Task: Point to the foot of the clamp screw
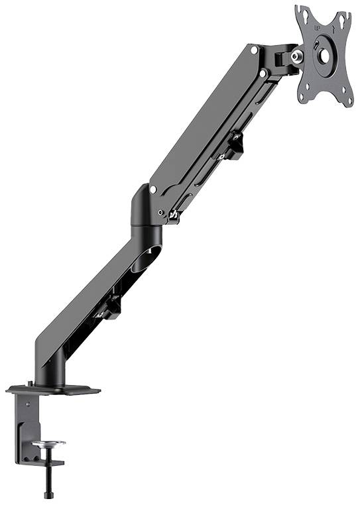pos(48,494)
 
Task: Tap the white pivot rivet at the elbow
pos(153,190)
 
